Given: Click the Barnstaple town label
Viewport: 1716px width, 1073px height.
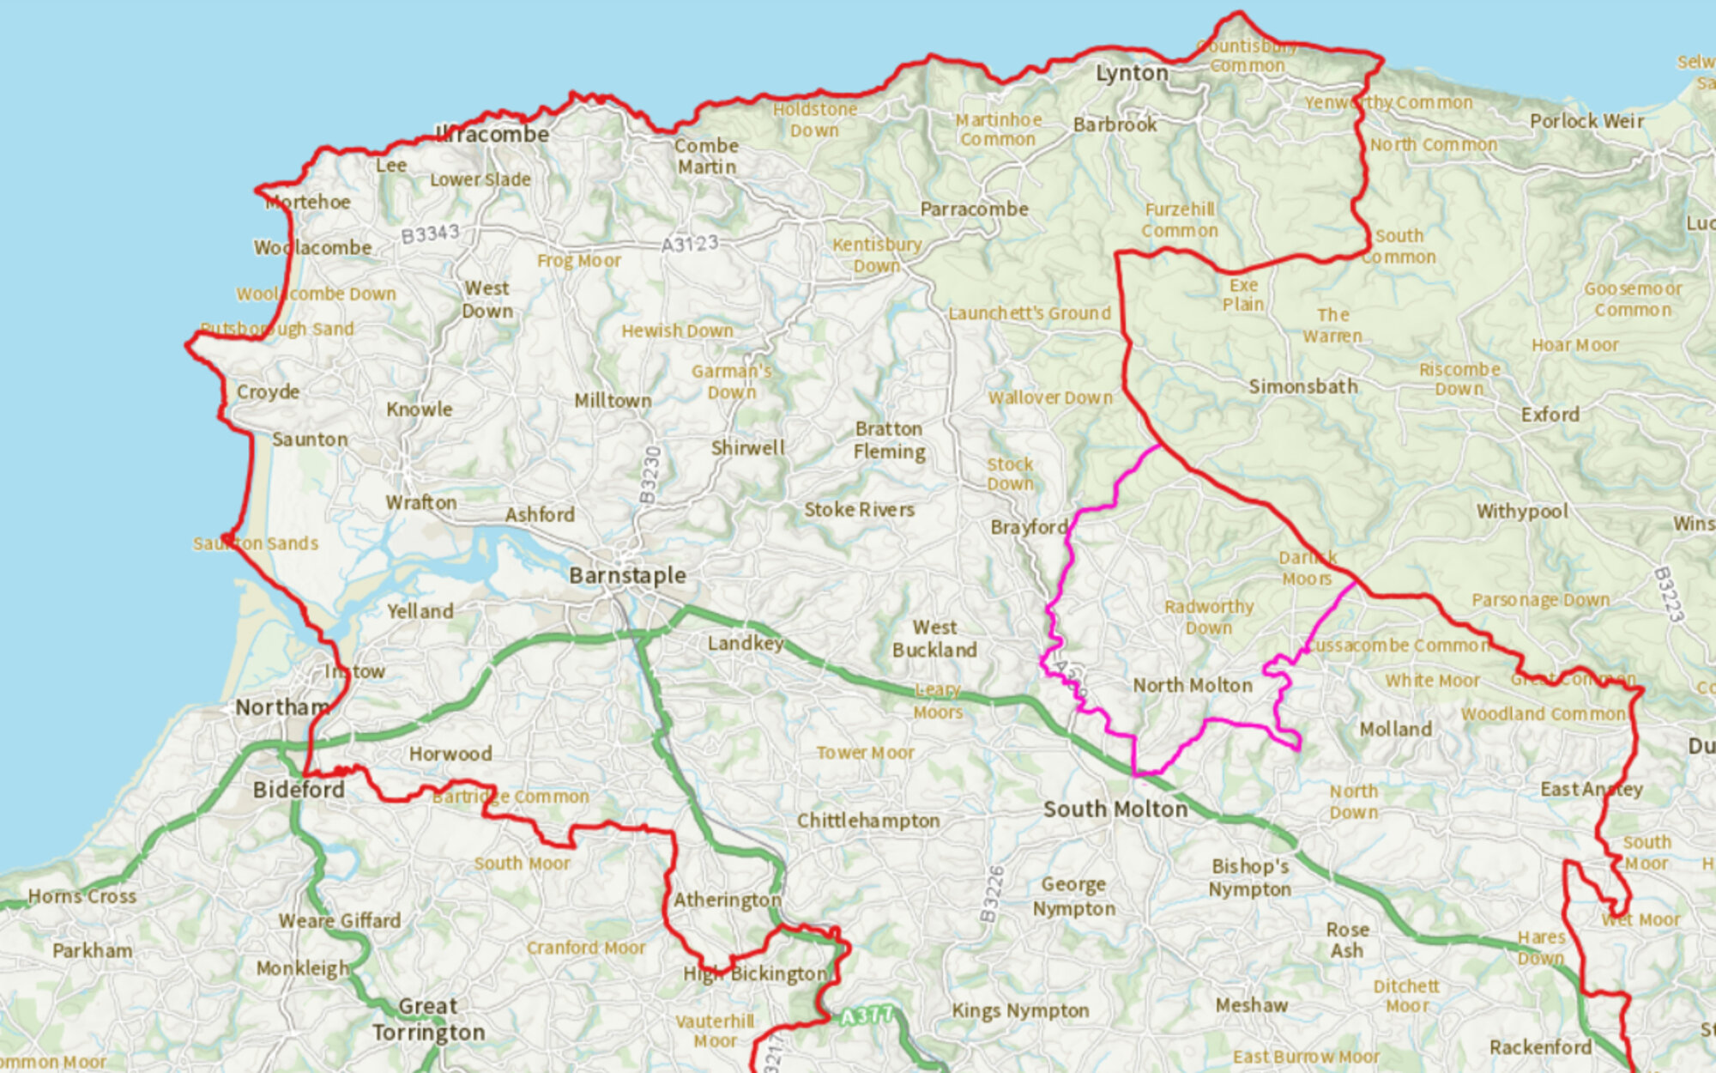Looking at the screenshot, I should pyautogui.click(x=627, y=575).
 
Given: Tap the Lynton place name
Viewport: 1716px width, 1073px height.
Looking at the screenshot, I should pyautogui.click(x=1132, y=74).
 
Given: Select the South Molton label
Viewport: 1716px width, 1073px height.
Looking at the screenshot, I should pyautogui.click(x=1115, y=809).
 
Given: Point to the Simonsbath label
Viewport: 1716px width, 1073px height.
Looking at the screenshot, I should pyautogui.click(x=1302, y=387).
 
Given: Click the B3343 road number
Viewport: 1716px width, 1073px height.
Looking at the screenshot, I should pyautogui.click(x=430, y=233).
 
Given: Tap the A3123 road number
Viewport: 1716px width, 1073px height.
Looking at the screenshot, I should pyautogui.click(x=689, y=245).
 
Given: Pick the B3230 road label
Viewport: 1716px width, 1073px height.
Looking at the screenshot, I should pyautogui.click(x=651, y=475).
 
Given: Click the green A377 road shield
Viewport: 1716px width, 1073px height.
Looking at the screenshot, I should pyautogui.click(x=867, y=1016).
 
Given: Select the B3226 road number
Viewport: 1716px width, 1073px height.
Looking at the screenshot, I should pyautogui.click(x=993, y=894).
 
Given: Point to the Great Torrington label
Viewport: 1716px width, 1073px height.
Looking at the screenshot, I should pyautogui.click(x=428, y=1019).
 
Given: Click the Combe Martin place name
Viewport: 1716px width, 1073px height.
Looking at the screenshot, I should pyautogui.click(x=706, y=156).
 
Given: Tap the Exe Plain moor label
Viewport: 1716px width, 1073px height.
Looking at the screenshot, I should pyautogui.click(x=1243, y=294).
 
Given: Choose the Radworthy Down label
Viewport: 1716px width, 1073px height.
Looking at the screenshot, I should pyautogui.click(x=1209, y=617).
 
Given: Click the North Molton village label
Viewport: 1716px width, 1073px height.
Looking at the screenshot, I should pyautogui.click(x=1193, y=685).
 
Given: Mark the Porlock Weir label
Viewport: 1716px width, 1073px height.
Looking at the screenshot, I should pyautogui.click(x=1586, y=121).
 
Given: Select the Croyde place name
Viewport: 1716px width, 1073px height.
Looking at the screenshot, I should pyautogui.click(x=268, y=392).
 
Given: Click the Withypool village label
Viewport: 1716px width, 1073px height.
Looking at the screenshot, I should pyautogui.click(x=1521, y=512).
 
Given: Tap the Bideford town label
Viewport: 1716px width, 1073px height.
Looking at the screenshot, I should pyautogui.click(x=299, y=790).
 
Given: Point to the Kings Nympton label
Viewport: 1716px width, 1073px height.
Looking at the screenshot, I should pyautogui.click(x=1020, y=1011).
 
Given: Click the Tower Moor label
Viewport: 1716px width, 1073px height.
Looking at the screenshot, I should pyautogui.click(x=865, y=753).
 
